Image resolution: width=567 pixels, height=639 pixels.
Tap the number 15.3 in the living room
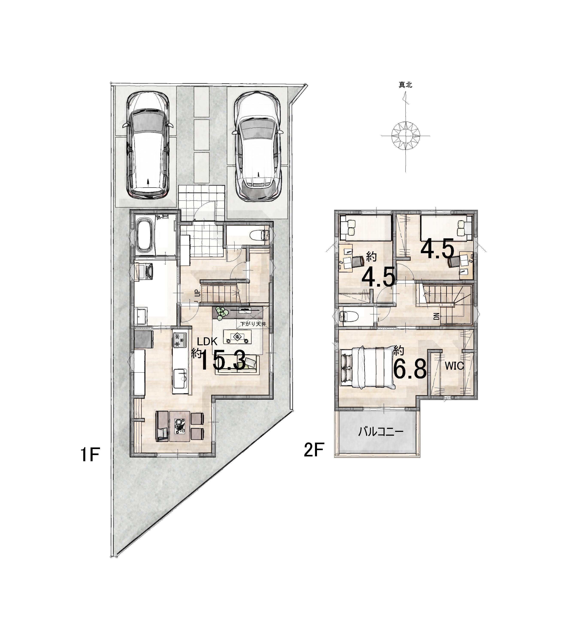tap(223, 361)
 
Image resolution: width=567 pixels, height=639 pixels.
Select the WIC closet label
tap(454, 366)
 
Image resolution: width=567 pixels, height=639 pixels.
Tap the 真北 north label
tap(405, 85)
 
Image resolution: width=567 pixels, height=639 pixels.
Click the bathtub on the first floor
tap(144, 235)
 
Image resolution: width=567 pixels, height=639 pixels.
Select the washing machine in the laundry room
tap(144, 271)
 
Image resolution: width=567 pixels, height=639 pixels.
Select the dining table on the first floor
tap(180, 426)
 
